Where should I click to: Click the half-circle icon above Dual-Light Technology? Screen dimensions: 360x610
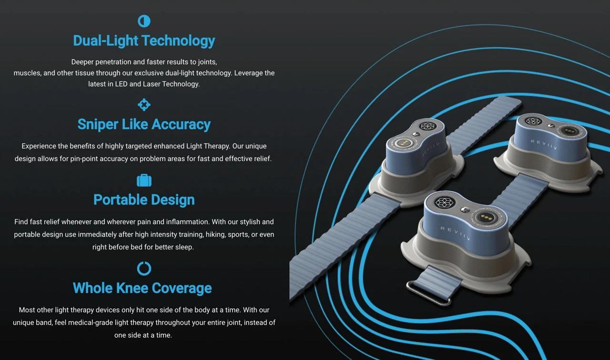click(x=144, y=21)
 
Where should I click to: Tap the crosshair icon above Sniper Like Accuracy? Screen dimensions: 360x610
click(x=144, y=105)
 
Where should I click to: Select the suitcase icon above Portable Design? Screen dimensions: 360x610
click(x=144, y=180)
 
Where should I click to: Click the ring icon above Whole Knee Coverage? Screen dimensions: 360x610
click(x=144, y=269)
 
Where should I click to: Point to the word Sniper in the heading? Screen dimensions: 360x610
click(x=98, y=125)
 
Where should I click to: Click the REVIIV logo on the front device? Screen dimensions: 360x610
click(x=455, y=233)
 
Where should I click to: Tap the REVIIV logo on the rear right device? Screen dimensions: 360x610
click(x=542, y=143)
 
